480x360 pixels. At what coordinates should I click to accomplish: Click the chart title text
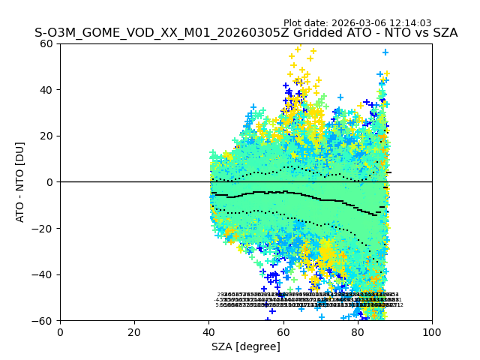[246, 33]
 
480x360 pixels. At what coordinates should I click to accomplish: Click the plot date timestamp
[367, 23]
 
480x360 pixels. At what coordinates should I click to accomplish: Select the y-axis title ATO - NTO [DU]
[21, 182]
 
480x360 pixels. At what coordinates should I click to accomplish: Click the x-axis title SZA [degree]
[246, 346]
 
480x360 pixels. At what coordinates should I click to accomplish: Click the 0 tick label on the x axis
[60, 332]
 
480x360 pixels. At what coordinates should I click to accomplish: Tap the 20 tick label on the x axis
[134, 332]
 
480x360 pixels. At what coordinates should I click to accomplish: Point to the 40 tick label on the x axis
[208, 332]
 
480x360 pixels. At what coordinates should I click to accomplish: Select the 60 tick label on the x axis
[283, 332]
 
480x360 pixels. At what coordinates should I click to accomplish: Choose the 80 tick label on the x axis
[358, 332]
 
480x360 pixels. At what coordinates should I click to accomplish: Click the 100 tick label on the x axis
[432, 332]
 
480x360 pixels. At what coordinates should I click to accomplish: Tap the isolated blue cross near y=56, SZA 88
[385, 52]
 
